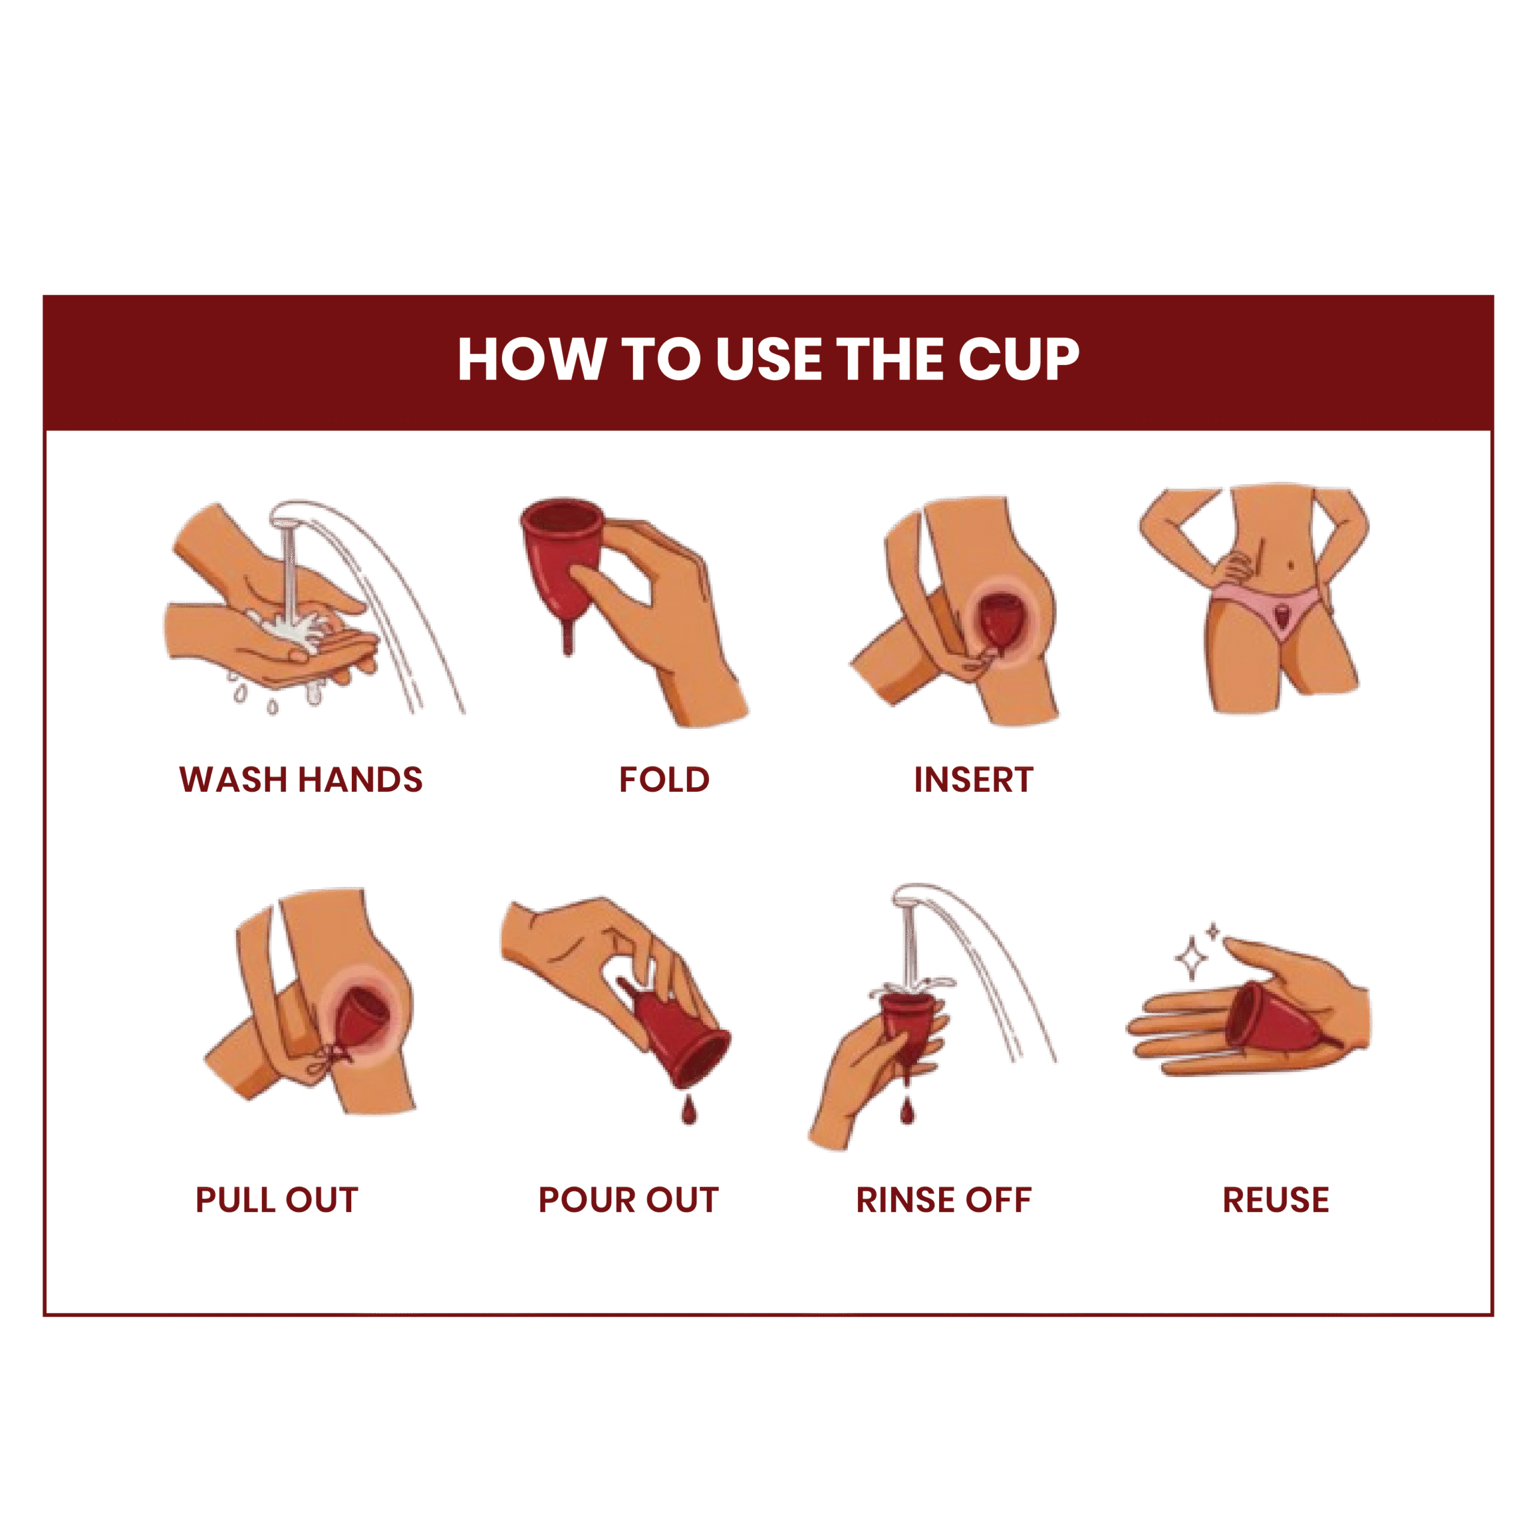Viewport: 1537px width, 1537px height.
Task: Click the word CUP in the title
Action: [1019, 360]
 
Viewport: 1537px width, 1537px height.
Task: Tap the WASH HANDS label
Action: [301, 780]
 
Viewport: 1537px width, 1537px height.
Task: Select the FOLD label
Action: [664, 780]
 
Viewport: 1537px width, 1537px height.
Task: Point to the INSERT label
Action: [974, 780]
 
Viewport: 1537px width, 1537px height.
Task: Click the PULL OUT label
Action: [277, 1200]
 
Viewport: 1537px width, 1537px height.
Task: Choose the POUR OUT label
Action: [629, 1200]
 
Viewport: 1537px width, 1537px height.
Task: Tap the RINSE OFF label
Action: [944, 1200]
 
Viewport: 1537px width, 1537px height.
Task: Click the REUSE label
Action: [1276, 1200]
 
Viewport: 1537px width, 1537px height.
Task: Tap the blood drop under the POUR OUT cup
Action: [689, 1109]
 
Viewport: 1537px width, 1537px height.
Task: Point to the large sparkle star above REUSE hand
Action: [1192, 959]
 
